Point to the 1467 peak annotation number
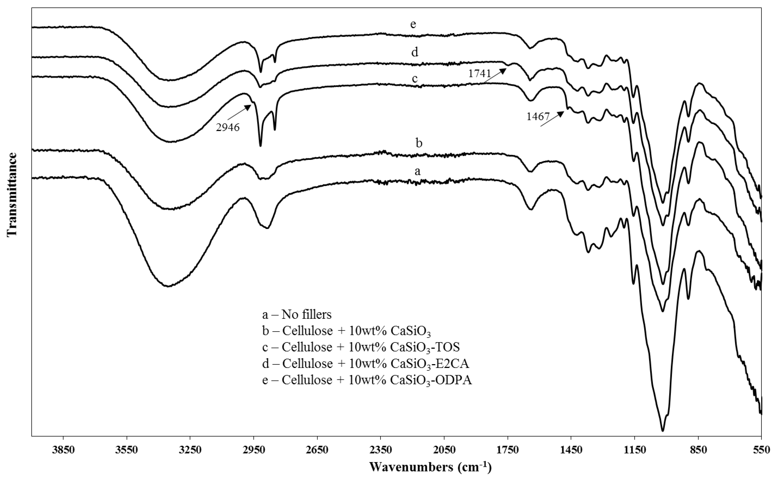(x=538, y=117)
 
